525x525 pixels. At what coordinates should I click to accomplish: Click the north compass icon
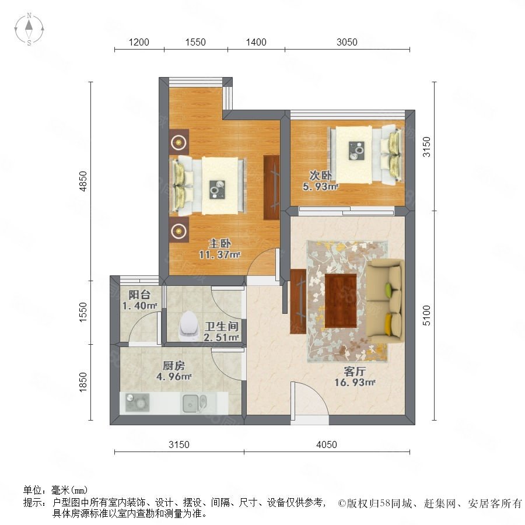coord(29,29)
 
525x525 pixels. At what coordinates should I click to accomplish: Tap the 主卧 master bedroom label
coord(219,243)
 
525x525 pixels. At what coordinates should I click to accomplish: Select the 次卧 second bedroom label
coord(320,175)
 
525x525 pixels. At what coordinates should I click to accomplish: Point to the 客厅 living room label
coord(355,371)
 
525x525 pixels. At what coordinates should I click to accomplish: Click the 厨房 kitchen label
coord(174,365)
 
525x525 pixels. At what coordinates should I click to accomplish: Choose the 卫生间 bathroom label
coord(222,326)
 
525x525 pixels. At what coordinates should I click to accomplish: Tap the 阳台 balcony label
coord(139,295)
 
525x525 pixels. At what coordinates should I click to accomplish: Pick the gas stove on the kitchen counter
coord(137,402)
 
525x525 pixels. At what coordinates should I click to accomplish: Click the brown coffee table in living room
coord(341,300)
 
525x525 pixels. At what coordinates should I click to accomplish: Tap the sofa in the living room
coord(386,301)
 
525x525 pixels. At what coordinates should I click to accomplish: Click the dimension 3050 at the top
coord(347,42)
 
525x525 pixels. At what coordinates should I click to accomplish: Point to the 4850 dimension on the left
coord(83,181)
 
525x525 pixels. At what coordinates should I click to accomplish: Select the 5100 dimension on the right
coord(426,315)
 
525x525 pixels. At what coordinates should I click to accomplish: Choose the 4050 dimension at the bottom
coord(327,444)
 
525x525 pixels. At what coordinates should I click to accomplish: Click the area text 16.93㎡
coord(355,382)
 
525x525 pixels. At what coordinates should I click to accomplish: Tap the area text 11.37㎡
coord(220,255)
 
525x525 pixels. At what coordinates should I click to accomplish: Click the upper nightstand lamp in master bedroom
coord(179,143)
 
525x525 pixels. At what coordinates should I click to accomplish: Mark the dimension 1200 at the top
coord(139,42)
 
